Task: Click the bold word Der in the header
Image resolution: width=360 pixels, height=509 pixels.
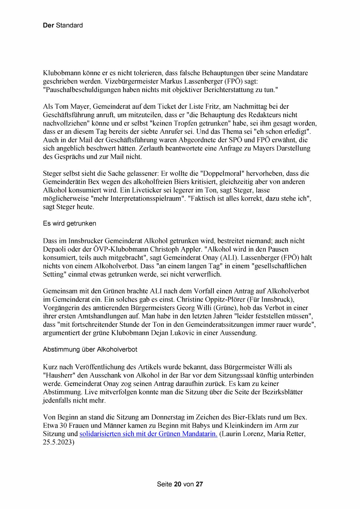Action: [x=48, y=26]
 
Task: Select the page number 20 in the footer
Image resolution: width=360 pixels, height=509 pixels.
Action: [x=178, y=484]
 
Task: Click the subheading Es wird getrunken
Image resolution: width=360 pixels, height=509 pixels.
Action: [x=69, y=224]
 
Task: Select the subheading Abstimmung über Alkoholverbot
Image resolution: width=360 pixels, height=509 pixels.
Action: [x=90, y=349]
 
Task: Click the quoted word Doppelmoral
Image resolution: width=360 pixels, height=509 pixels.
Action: [x=222, y=174]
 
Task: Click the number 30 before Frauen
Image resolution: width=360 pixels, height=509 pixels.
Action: [x=64, y=426]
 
